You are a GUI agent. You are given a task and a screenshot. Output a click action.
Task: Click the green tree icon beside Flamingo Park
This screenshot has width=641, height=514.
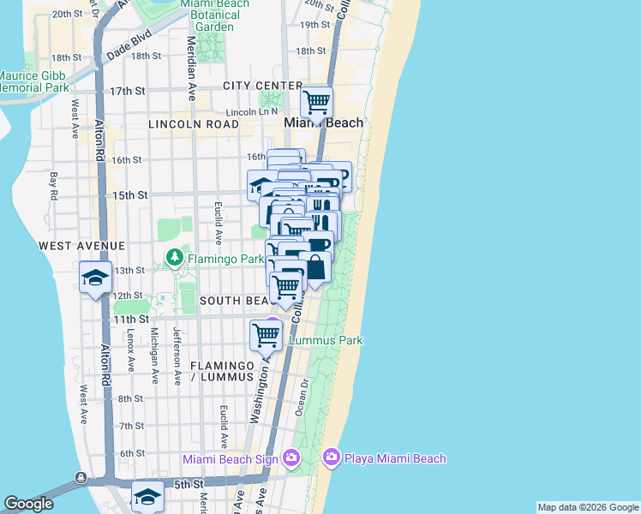[175, 257]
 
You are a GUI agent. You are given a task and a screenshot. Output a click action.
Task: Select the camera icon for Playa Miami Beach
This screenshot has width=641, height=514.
[331, 458]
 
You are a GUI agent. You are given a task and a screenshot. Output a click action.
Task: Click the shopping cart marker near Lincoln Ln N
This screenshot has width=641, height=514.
[317, 103]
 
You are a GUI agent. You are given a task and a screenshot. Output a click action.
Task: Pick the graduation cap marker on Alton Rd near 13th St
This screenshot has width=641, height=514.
[94, 278]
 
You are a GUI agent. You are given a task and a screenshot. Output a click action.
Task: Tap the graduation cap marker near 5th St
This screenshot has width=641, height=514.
[147, 496]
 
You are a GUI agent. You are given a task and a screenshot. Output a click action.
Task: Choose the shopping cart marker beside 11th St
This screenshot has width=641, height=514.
[266, 336]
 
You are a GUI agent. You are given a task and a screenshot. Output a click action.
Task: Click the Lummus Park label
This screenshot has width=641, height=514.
[326, 340]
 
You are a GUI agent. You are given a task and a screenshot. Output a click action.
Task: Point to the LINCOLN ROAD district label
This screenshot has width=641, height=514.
[193, 124]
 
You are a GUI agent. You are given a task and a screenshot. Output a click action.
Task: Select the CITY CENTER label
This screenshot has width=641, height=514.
[262, 86]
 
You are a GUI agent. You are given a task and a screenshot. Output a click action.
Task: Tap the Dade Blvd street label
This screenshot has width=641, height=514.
[129, 46]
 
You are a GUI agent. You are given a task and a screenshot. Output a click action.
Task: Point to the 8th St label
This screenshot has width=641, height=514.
[131, 398]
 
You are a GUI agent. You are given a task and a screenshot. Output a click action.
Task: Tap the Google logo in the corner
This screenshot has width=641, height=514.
[28, 504]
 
